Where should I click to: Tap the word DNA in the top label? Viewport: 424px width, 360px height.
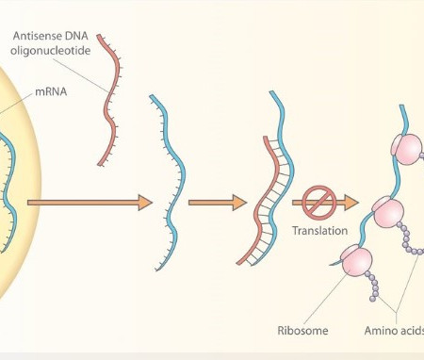point(80,36)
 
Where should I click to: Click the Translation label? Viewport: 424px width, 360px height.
point(320,231)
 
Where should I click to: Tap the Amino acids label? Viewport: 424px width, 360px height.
point(395,331)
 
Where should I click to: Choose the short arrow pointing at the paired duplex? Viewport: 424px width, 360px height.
point(217,202)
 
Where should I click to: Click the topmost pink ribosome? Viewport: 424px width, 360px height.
point(406,148)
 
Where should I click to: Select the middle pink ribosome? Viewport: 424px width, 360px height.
point(388,213)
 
